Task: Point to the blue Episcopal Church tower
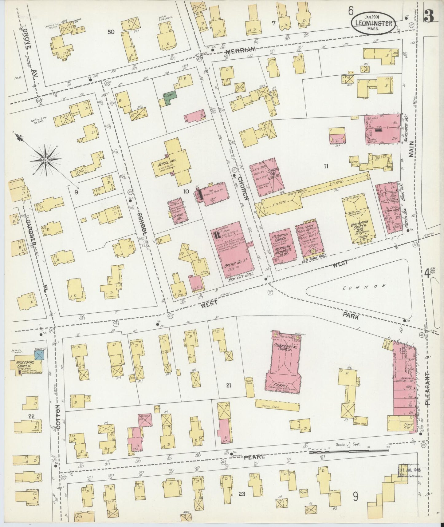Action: click(40, 355)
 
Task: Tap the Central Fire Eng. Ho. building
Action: click(266, 174)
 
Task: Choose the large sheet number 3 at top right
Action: click(429, 18)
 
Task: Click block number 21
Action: click(228, 385)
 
